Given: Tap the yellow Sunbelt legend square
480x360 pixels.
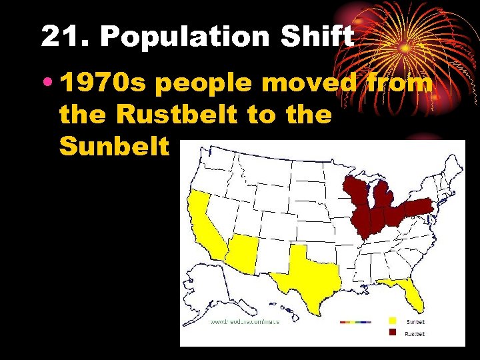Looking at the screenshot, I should (x=393, y=321).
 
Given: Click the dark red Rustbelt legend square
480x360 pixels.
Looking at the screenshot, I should (x=393, y=333).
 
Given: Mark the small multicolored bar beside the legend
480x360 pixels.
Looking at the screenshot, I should (x=357, y=322).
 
